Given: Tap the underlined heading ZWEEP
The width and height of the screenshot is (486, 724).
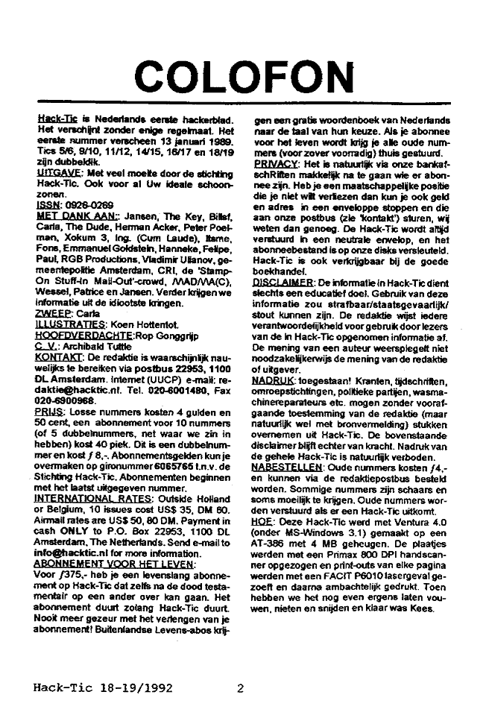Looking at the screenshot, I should pyautogui.click(x=51, y=314).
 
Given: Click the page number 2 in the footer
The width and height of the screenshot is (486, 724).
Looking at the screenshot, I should pyautogui.click(x=241, y=689).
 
